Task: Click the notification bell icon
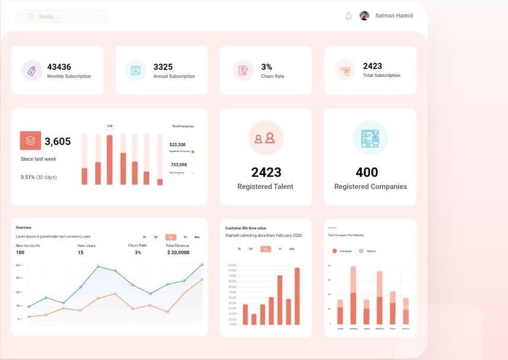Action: [x=348, y=16]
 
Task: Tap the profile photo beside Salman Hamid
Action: [x=364, y=16]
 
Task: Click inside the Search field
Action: [x=62, y=17]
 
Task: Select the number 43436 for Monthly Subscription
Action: [x=59, y=67]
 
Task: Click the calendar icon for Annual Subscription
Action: [x=135, y=70]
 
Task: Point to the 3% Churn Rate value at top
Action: [x=267, y=67]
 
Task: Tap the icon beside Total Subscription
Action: [x=345, y=70]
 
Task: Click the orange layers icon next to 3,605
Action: [x=30, y=141]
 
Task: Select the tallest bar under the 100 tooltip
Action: [x=109, y=159]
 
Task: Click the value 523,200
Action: [x=178, y=144]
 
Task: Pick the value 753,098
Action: [x=178, y=165]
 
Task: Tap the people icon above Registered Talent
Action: [x=265, y=138]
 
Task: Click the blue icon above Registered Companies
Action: [x=370, y=138]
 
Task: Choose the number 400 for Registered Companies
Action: [x=367, y=172]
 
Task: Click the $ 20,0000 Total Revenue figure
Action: [x=178, y=252]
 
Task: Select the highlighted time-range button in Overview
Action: [x=171, y=237]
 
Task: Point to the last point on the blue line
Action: [x=202, y=264]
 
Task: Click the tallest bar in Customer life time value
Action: [x=297, y=296]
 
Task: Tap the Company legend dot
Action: [x=334, y=251]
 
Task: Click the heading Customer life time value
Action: [x=245, y=228]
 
